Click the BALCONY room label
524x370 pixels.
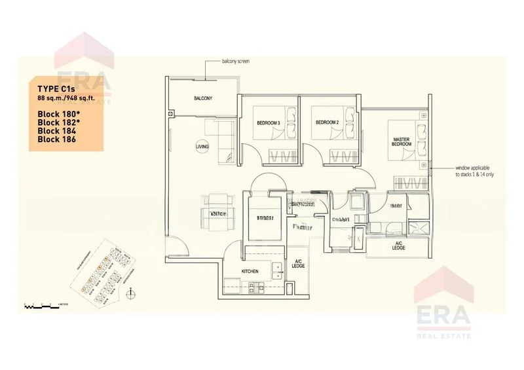point(202,99)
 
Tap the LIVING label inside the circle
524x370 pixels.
point(202,147)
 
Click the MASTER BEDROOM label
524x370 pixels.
point(401,143)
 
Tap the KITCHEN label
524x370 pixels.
point(250,271)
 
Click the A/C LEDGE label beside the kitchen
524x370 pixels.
point(298,263)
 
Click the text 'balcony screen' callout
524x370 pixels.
point(234,61)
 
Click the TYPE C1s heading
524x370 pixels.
point(54,87)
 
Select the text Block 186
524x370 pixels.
point(56,139)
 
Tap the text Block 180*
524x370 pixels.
point(58,113)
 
